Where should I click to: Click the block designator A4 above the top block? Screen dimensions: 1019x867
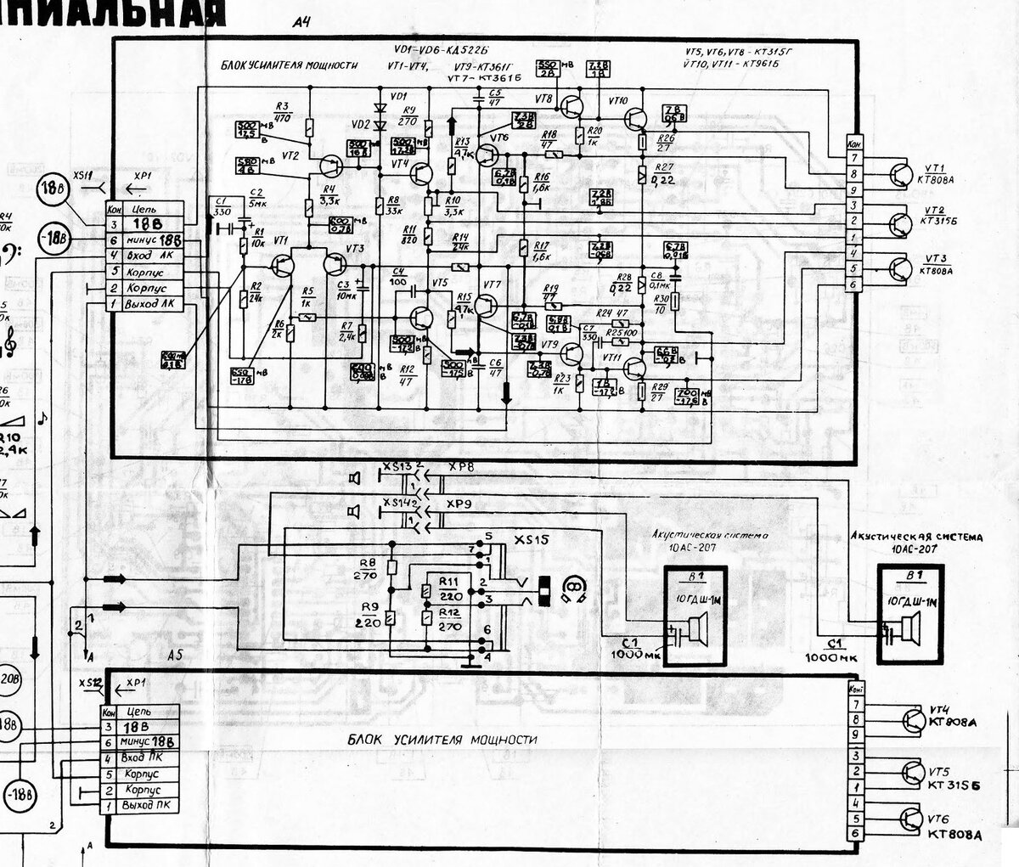click(x=300, y=22)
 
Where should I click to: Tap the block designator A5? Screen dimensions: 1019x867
click(x=175, y=655)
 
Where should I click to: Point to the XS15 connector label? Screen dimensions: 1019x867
click(x=532, y=540)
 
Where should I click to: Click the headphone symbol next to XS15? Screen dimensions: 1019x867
click(x=574, y=588)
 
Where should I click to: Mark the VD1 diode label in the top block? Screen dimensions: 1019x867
click(x=397, y=96)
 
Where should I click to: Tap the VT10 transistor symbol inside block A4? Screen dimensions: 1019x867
click(x=635, y=116)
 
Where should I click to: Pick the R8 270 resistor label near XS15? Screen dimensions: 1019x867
click(x=368, y=567)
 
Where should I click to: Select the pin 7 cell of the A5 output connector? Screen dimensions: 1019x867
click(x=855, y=704)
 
